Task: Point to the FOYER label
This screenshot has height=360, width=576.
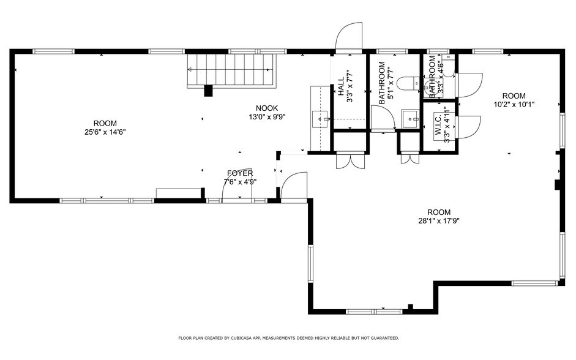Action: (239, 173)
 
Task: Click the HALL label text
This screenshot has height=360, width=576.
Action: (340, 86)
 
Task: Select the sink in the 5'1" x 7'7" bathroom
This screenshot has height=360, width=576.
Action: (410, 117)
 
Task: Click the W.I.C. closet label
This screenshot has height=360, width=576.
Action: (438, 126)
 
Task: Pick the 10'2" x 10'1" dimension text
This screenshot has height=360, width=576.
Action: (514, 104)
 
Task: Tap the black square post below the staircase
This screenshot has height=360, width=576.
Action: (208, 91)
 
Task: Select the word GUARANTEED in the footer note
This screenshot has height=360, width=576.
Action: (383, 338)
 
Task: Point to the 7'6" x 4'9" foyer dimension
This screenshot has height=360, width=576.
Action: (239, 181)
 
